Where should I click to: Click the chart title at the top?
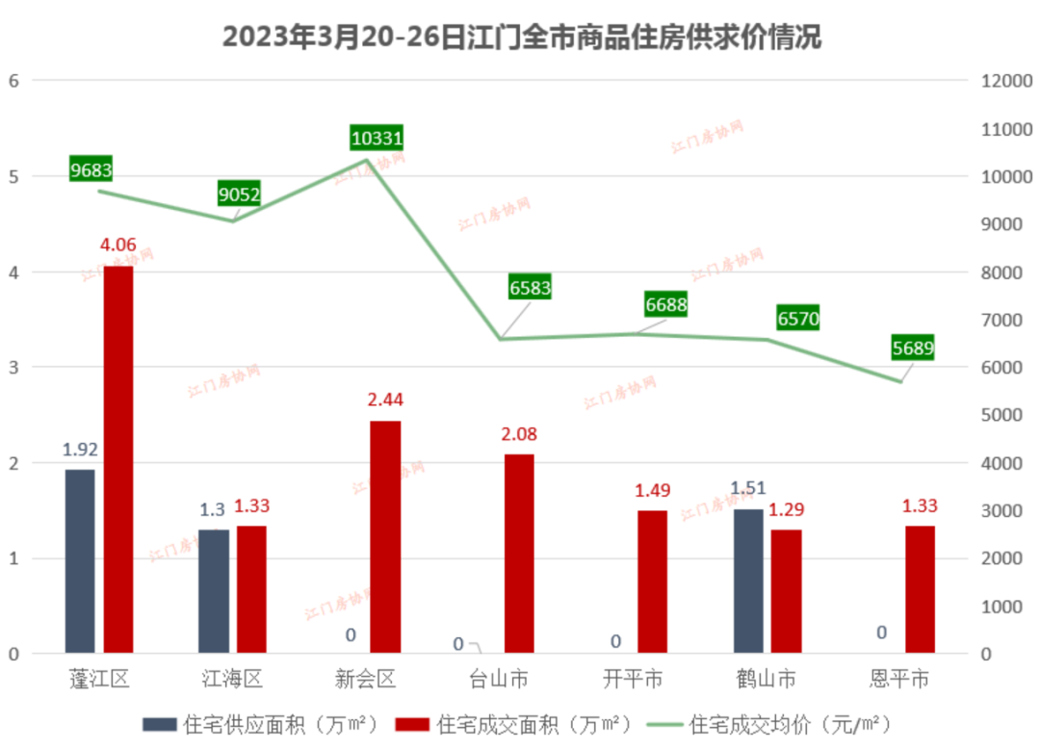[x=521, y=38]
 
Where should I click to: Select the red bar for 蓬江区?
[x=118, y=459]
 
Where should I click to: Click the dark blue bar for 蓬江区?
[x=80, y=561]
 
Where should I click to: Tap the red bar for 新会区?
[x=385, y=537]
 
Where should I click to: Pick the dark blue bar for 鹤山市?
[x=748, y=582]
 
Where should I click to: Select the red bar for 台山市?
[x=518, y=555]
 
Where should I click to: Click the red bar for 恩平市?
[x=920, y=589]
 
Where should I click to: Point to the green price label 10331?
[x=377, y=138]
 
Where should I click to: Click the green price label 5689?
[x=912, y=348]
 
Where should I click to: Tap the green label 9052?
[x=240, y=195]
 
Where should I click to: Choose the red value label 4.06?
[x=117, y=248]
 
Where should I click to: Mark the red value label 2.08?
[x=518, y=436]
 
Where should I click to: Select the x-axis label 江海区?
[x=232, y=680]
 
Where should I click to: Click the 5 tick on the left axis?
[x=13, y=177]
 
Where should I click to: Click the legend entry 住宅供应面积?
[x=261, y=724]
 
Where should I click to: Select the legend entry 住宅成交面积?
[x=520, y=724]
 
